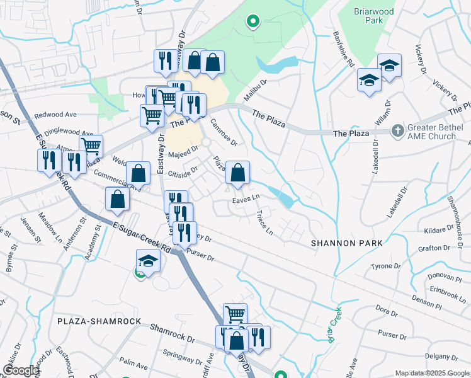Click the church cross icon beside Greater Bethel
[x=397, y=131]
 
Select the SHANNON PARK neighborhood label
[x=339, y=243]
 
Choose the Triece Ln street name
[x=265, y=222]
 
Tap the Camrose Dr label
[x=223, y=132]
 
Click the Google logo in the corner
[x=20, y=370]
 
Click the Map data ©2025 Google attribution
[x=432, y=373]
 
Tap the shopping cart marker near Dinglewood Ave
[x=91, y=146]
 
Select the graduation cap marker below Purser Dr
[x=148, y=261]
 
